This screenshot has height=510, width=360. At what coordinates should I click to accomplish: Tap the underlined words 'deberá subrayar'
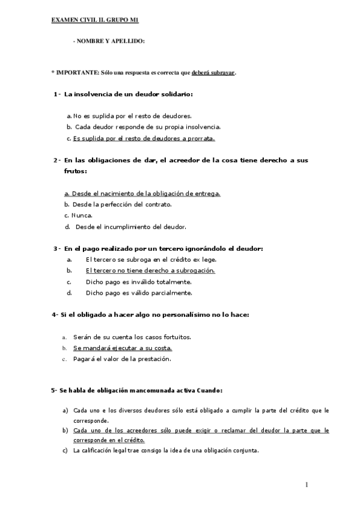click(213, 72)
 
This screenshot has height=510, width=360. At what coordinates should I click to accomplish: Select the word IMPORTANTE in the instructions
click(76, 72)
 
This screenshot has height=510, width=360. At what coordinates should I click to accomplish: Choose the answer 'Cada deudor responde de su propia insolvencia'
click(148, 126)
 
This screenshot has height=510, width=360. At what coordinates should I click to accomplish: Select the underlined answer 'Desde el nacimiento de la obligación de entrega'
click(142, 193)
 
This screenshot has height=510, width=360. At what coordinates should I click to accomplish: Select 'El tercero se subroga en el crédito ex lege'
click(151, 259)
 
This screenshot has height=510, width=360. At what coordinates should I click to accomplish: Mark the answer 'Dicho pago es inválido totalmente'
click(139, 281)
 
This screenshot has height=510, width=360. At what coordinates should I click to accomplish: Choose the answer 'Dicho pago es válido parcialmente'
click(139, 293)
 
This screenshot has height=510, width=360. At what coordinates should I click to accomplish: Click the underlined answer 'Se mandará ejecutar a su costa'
click(123, 348)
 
